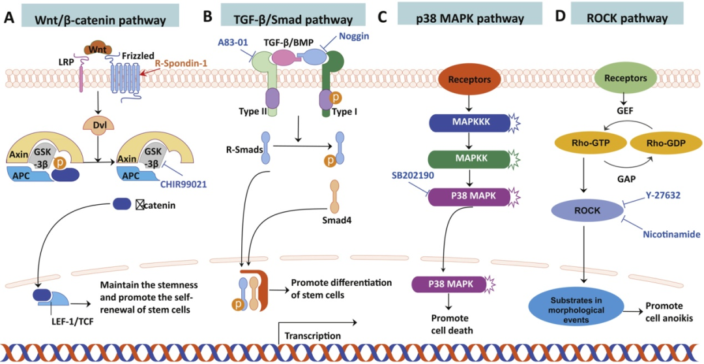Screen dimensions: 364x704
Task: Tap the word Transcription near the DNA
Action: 314,335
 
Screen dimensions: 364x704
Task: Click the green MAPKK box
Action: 467,158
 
